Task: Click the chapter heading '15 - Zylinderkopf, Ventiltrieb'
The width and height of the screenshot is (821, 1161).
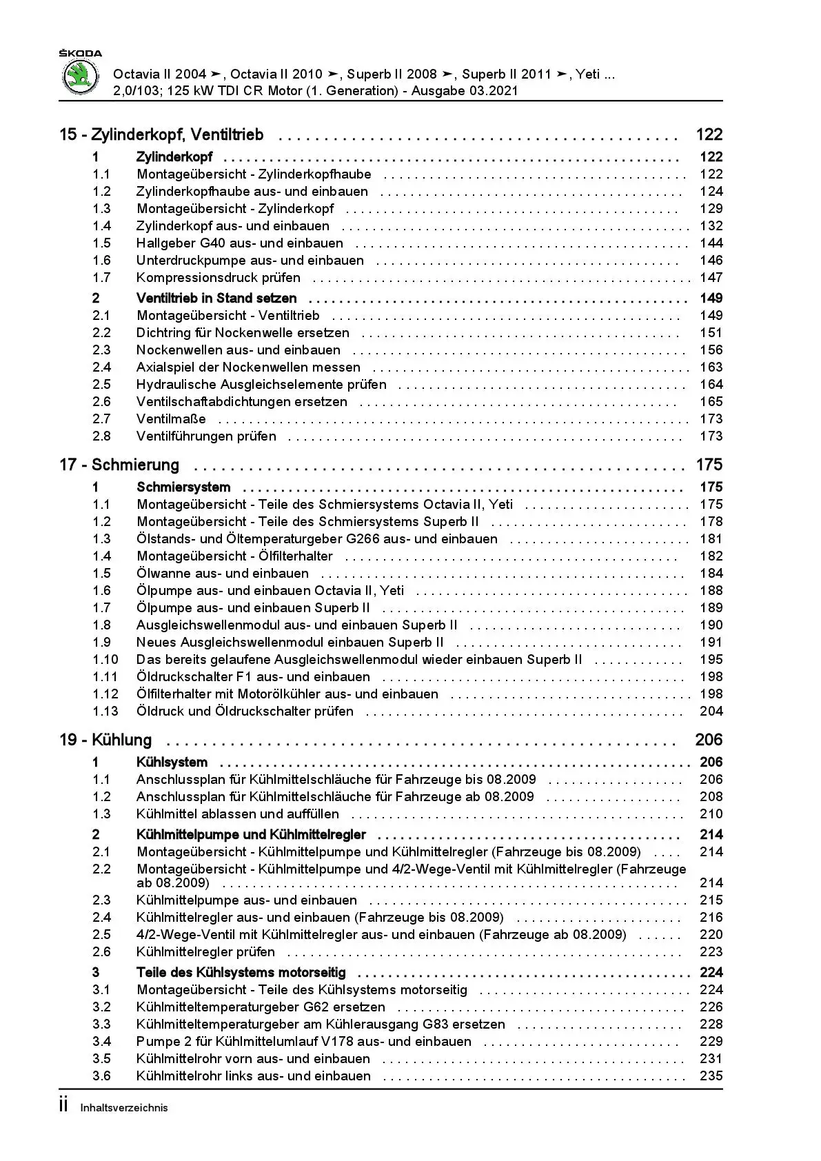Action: (x=161, y=135)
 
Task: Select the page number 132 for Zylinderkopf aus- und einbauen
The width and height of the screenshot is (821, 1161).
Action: (x=711, y=226)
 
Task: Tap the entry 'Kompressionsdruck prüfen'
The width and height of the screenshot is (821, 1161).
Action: (x=219, y=278)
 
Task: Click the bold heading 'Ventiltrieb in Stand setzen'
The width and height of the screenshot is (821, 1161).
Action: (x=216, y=299)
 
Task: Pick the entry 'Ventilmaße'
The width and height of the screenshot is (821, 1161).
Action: (x=171, y=419)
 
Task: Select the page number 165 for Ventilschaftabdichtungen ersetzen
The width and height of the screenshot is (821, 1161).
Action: (x=711, y=402)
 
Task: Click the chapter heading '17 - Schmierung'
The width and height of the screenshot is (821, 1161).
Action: (x=119, y=465)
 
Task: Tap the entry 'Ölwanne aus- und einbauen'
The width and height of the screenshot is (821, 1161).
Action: (x=223, y=574)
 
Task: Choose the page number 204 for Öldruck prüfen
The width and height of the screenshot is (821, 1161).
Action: (x=711, y=711)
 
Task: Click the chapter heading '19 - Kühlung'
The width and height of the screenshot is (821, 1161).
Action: (x=105, y=740)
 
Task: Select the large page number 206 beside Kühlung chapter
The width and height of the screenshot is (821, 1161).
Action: (x=709, y=740)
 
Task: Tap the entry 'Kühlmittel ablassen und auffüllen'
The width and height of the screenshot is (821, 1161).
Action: (x=238, y=814)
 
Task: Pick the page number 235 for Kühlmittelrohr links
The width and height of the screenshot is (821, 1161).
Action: (x=711, y=1076)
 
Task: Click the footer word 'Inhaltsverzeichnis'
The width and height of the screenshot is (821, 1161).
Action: (x=124, y=1108)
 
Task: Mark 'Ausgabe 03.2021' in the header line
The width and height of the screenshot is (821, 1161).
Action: (x=465, y=91)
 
